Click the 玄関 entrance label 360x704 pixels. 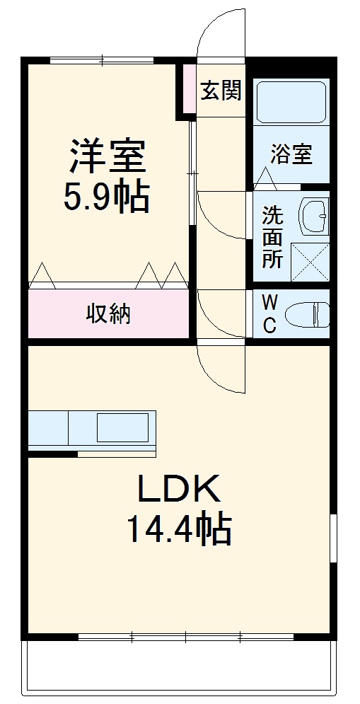(x=221, y=90)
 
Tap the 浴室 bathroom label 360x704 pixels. (x=291, y=154)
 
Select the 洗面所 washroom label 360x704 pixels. (x=272, y=238)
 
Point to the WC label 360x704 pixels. (x=270, y=313)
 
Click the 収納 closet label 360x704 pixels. (x=109, y=313)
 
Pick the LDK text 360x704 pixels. (x=180, y=489)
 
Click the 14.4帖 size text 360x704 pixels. (x=180, y=529)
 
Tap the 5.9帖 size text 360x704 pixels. (x=108, y=198)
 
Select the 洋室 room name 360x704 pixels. (x=108, y=157)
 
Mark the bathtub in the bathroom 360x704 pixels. (x=291, y=102)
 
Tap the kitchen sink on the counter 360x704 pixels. (x=122, y=427)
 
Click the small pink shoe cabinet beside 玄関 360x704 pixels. (x=186, y=88)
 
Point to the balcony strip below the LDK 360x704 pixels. (x=180, y=669)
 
